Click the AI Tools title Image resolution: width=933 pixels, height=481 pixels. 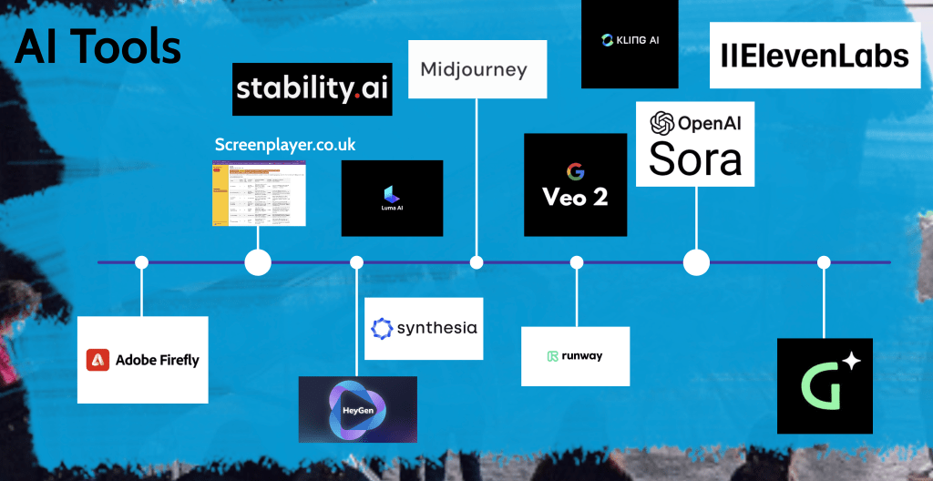coord(97,47)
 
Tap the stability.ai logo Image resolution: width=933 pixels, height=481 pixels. coord(313,88)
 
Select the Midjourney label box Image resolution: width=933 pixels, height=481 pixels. coord(474,69)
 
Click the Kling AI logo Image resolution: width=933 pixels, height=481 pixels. coord(629,40)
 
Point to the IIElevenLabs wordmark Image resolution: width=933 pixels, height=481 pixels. coord(815,56)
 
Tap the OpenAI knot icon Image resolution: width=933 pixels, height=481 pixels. coord(661,123)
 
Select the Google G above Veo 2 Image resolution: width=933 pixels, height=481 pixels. coord(575,171)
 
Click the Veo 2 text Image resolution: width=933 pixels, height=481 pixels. coord(575,196)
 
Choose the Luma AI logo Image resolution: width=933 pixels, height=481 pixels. coord(392,197)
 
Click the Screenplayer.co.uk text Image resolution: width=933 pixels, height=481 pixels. coord(285,145)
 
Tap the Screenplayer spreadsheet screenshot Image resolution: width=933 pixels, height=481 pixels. coord(259,193)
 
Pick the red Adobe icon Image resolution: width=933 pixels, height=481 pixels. coord(98,360)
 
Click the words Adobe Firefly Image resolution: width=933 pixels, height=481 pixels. coord(157,360)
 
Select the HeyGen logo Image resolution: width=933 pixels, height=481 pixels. coord(357,409)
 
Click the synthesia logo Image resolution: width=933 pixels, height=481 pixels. coord(424,328)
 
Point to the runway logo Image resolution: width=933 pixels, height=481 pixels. coord(575,356)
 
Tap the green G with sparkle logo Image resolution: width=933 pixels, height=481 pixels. coord(825,385)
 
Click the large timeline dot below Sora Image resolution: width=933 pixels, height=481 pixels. coord(696,262)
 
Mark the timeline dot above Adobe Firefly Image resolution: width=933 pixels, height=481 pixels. coord(141,262)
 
